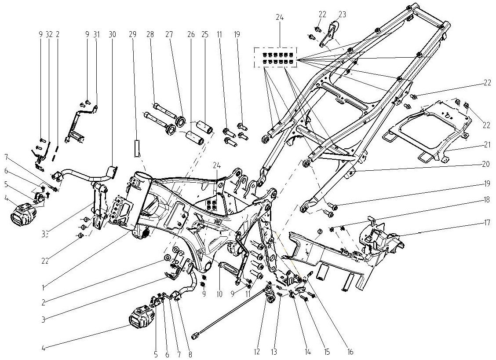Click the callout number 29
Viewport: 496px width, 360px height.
132,34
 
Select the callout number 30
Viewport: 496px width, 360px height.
112,34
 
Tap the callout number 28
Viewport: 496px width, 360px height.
150,34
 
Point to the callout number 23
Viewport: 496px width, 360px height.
342,15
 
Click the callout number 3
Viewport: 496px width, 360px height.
43,319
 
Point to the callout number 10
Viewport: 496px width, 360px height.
219,294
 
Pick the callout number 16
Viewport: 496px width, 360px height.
350,352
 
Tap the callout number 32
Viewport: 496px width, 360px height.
49,34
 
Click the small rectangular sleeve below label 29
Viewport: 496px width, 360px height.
137,149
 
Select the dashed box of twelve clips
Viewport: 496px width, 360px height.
275,57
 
